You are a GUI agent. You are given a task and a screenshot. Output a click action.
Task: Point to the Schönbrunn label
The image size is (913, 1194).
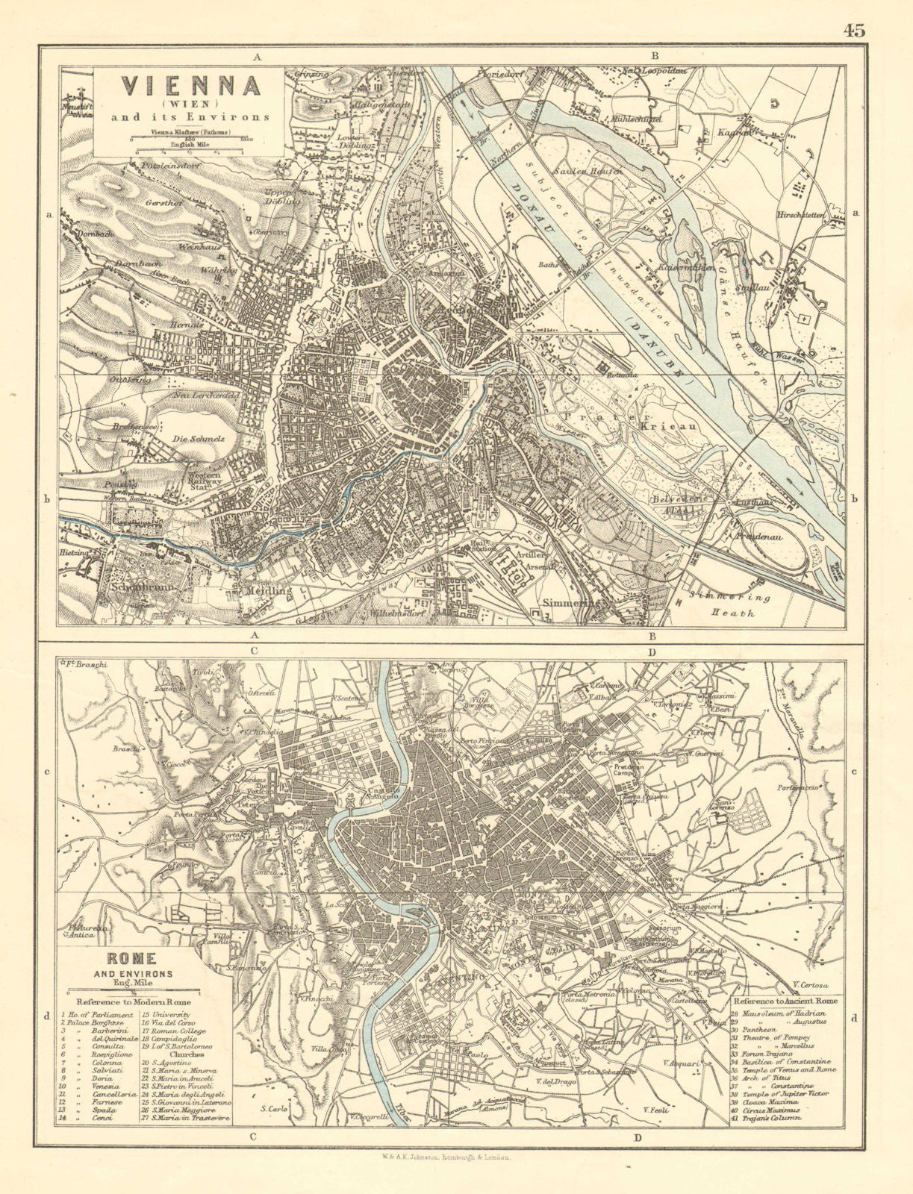135,587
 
